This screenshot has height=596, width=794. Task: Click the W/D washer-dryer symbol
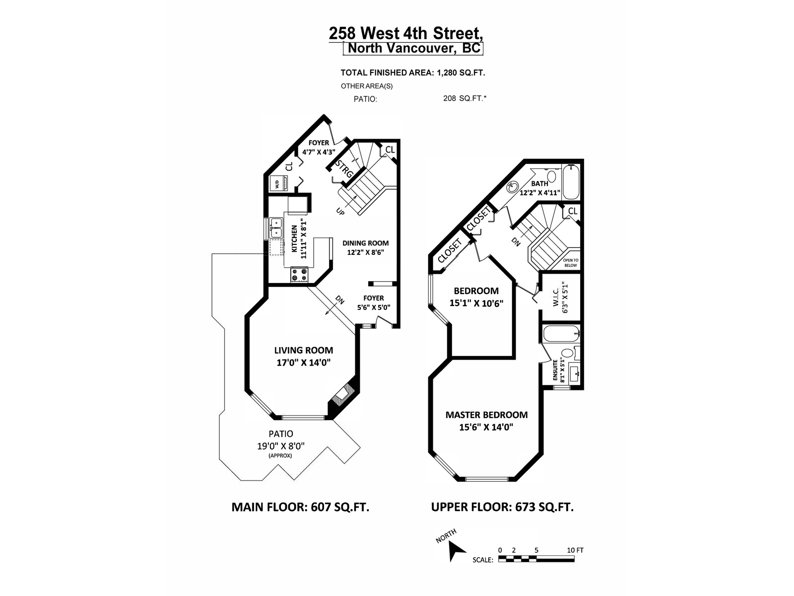pos(278,183)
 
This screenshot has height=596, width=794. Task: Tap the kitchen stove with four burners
pos(300,274)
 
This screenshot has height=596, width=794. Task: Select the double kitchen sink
pos(276,227)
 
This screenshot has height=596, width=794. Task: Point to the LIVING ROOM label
pos(304,350)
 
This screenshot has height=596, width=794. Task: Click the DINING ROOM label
pos(365,243)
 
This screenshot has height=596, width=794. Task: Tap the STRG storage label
pos(343,169)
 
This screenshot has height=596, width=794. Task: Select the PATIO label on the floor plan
pos(281,434)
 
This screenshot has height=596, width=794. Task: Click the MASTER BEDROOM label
pos(486,415)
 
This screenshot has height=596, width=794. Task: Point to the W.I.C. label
pos(556,297)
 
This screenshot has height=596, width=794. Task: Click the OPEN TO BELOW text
pos(571,263)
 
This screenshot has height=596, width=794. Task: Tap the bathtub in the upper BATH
pos(571,182)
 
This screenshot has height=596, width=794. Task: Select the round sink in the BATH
pos(512,187)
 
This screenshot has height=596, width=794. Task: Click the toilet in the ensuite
pos(568,353)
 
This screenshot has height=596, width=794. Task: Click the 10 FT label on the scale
pos(575,550)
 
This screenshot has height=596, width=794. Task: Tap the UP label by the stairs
pos(340,212)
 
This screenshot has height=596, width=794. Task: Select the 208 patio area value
pos(449,98)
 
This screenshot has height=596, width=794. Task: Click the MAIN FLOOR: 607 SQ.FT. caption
pos(300,507)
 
